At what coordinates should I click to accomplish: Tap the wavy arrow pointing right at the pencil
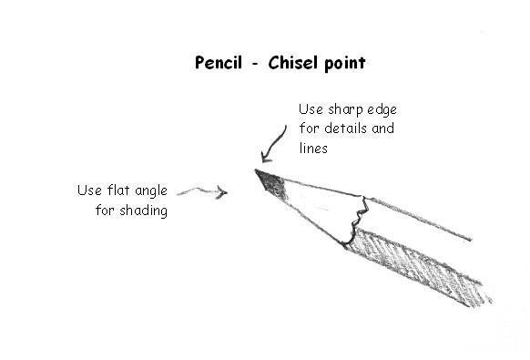coord(200,190)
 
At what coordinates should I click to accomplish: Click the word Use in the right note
coord(311,109)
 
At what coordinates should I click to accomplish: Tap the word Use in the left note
coord(89,190)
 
